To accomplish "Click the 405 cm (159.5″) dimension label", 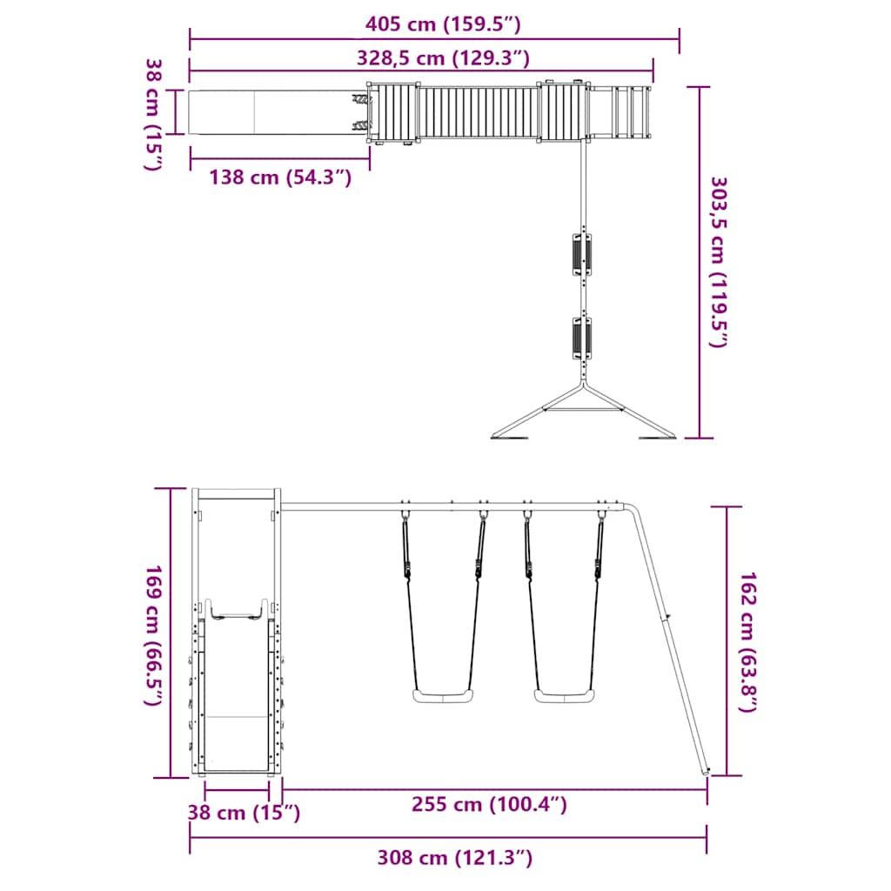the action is click(x=443, y=24).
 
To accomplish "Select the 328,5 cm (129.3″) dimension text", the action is click(x=443, y=58).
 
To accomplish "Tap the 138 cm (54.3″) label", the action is click(x=280, y=178).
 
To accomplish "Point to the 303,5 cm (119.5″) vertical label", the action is click(x=720, y=262).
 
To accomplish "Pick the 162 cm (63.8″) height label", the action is click(x=747, y=641).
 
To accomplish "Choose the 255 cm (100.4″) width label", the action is click(x=489, y=805).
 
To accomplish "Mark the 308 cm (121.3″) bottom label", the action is click(x=454, y=857).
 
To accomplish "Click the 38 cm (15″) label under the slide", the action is click(x=244, y=813).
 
